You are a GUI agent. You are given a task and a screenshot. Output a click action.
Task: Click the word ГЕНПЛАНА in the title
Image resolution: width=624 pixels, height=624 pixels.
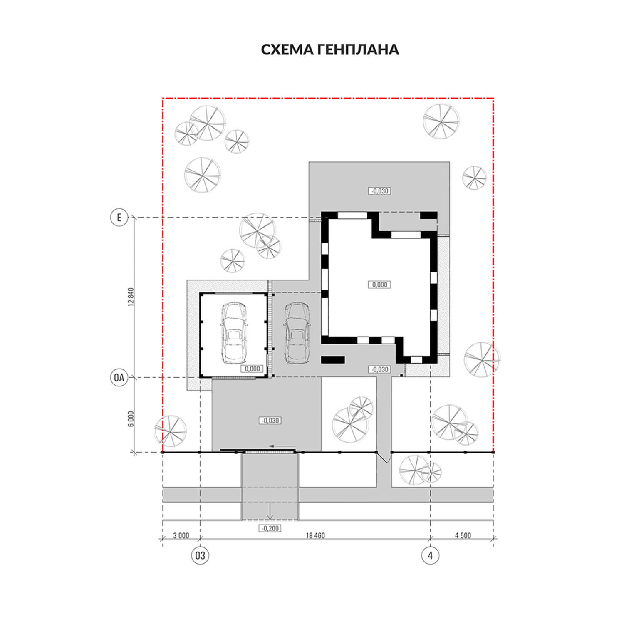(358, 50)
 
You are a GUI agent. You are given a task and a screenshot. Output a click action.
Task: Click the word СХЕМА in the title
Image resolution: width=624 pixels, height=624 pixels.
(287, 50)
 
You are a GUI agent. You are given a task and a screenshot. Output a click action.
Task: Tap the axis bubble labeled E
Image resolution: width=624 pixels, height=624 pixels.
(119, 217)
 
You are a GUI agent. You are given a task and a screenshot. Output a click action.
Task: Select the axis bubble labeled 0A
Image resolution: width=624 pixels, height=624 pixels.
(119, 378)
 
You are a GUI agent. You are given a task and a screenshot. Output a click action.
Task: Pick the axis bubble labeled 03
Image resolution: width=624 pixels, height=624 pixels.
(200, 555)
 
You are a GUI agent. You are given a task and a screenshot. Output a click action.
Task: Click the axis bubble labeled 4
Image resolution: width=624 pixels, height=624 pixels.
(430, 555)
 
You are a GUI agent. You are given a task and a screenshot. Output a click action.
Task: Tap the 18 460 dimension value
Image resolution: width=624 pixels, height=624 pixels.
(315, 535)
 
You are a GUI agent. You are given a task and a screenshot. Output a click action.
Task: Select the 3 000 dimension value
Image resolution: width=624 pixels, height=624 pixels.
(181, 535)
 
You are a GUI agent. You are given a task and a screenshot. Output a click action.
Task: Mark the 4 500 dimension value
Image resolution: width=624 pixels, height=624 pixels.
(463, 535)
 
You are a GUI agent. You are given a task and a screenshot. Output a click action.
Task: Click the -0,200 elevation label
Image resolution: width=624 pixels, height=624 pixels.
(270, 528)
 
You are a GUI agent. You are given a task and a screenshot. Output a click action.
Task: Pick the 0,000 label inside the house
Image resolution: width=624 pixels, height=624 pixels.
(379, 285)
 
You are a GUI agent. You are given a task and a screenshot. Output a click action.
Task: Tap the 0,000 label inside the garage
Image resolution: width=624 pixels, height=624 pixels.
(252, 369)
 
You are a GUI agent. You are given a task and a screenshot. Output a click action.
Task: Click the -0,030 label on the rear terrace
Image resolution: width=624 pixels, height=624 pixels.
(379, 191)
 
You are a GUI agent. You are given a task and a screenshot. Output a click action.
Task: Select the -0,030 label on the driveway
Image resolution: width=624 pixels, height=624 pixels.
(270, 421)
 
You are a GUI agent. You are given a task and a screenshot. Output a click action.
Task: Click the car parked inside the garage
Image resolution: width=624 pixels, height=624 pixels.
(234, 333)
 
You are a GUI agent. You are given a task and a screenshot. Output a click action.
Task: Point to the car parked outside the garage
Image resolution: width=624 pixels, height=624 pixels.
(297, 332)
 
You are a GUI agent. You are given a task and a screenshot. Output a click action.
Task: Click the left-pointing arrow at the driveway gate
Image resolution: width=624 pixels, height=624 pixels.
(277, 446)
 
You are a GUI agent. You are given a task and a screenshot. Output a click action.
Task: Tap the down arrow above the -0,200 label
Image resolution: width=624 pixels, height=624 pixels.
(270, 511)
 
